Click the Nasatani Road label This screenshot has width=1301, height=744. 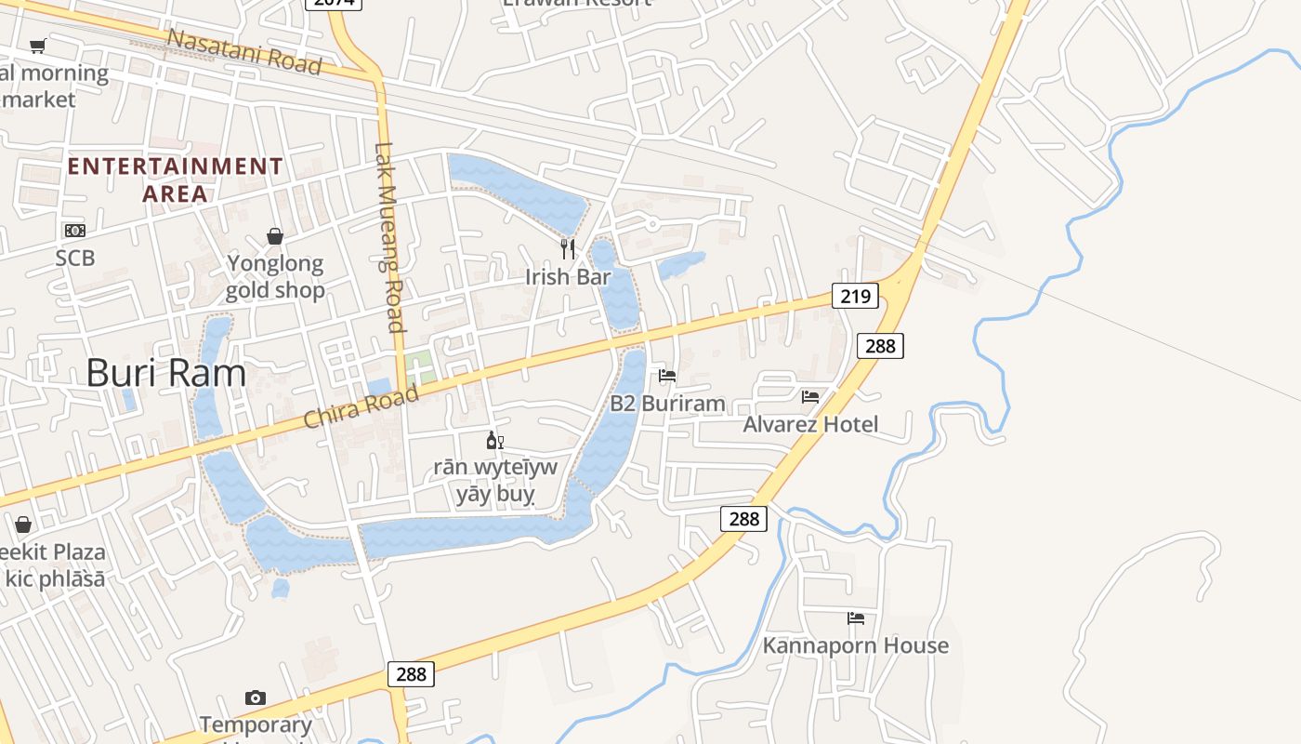[244, 51]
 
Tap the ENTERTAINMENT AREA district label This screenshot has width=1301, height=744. [175, 179]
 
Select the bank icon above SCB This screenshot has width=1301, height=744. [74, 231]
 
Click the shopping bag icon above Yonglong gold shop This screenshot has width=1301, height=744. [275, 236]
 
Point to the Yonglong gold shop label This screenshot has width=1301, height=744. [275, 277]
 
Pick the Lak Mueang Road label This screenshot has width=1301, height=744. [390, 236]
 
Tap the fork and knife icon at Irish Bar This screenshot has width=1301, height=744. [568, 248]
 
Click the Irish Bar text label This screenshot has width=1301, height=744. [568, 277]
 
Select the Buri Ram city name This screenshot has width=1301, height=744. [166, 373]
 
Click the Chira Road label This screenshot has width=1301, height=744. [361, 407]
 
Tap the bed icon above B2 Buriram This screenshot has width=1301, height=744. [667, 376]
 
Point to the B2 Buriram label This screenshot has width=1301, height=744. [667, 404]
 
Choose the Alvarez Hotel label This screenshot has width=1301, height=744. [810, 424]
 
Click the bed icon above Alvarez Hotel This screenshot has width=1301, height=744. [810, 396]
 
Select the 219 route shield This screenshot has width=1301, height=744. [855, 297]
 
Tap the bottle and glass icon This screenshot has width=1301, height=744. [495, 440]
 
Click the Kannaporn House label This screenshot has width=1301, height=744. [856, 645]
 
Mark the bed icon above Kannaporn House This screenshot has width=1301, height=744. [856, 618]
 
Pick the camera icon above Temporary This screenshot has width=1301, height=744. [256, 697]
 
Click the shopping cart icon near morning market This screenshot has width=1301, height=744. [37, 45]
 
